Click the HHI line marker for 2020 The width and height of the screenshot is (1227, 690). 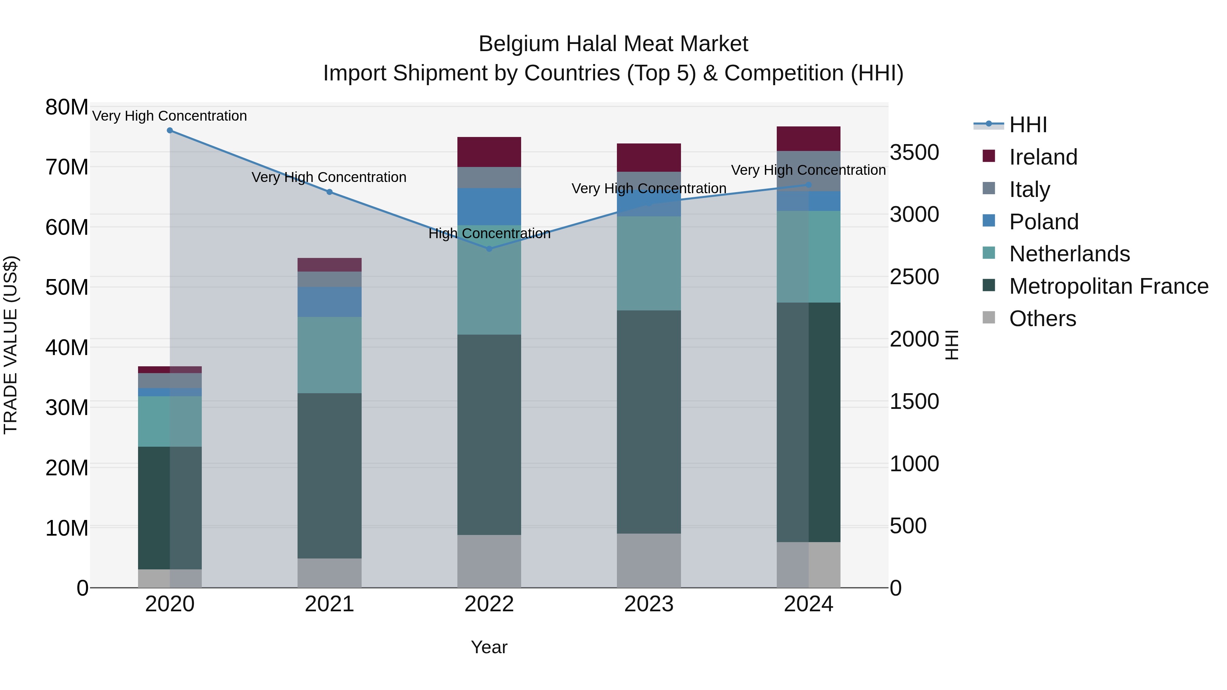[170, 131]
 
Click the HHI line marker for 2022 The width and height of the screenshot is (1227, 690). [489, 249]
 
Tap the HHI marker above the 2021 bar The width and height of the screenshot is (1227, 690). [329, 192]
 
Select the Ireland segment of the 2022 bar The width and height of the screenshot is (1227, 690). [489, 152]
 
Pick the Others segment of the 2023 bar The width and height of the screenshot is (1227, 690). [649, 561]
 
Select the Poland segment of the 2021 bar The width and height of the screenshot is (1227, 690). [329, 302]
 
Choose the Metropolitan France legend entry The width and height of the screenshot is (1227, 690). [1108, 286]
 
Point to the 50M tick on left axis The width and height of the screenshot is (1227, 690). [67, 287]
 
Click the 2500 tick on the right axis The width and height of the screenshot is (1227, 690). [914, 277]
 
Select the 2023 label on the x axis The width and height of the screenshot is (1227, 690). [649, 604]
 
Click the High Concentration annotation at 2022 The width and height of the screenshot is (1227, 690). [489, 233]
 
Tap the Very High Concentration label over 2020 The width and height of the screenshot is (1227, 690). [170, 116]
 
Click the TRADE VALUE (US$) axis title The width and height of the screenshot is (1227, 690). [11, 345]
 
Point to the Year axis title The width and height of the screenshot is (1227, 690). [489, 647]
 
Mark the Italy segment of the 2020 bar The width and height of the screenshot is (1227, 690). [170, 381]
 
